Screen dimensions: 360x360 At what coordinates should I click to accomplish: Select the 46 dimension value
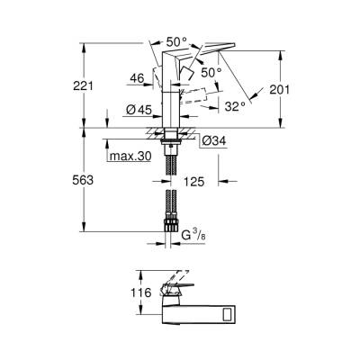137,79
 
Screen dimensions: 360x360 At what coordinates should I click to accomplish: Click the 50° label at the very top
175,40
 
